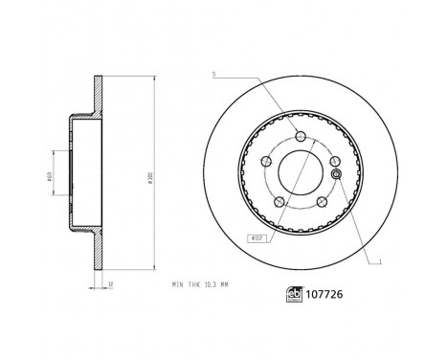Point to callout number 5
coord(215,75)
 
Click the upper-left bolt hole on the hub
coord(266,160)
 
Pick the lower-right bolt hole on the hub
coord(323,203)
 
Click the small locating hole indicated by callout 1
coord(335,172)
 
